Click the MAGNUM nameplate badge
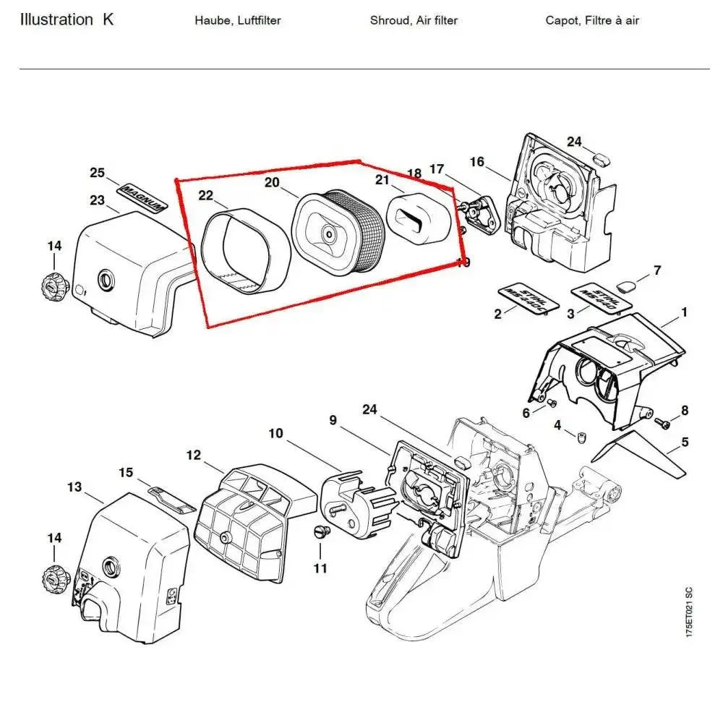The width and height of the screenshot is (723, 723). [x=142, y=196]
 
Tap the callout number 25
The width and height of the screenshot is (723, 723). [x=98, y=172]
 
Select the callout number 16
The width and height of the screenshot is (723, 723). [x=477, y=161]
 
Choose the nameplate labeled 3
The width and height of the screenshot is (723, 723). [x=598, y=297]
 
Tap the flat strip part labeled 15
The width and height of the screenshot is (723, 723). [x=172, y=497]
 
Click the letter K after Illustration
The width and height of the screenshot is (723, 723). [x=108, y=20]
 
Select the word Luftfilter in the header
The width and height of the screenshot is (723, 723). [x=254, y=20]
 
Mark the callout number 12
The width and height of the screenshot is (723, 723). [x=193, y=455]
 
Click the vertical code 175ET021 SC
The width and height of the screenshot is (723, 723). [x=690, y=611]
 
